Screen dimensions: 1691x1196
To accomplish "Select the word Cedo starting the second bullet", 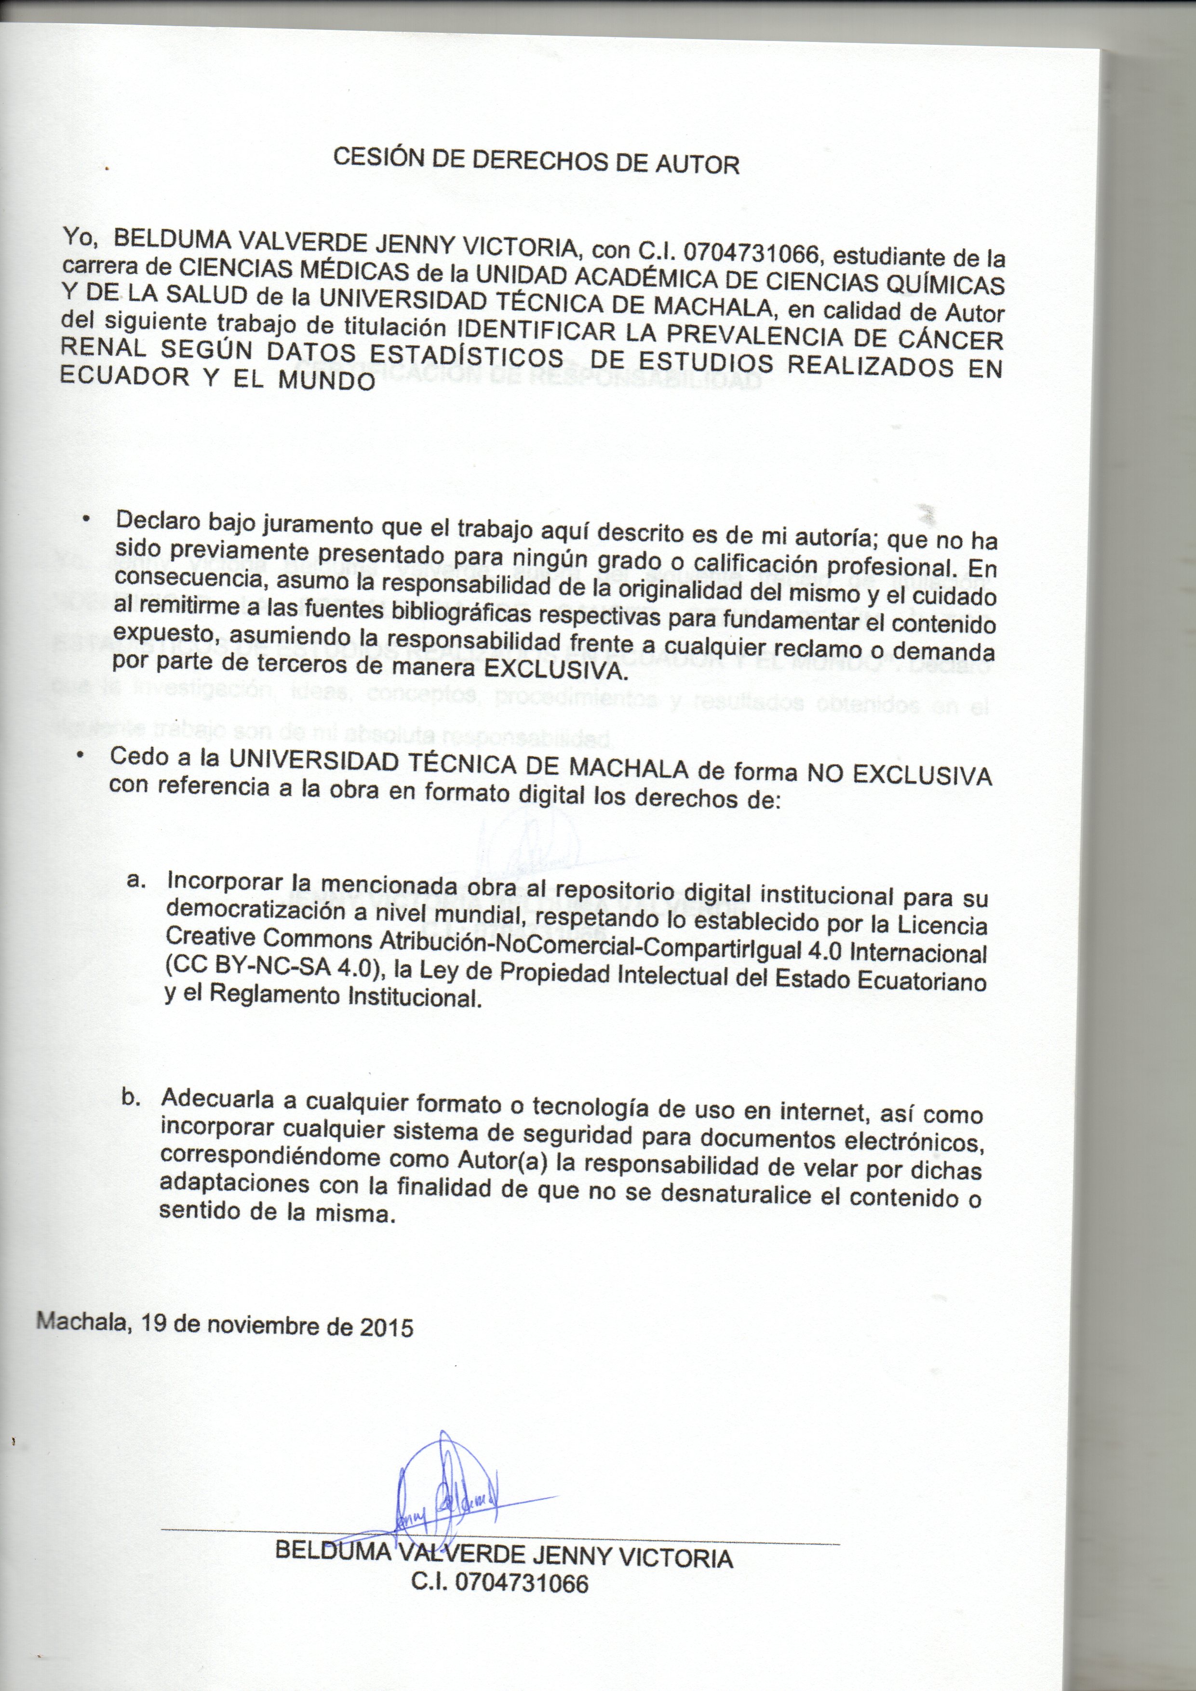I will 135,756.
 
